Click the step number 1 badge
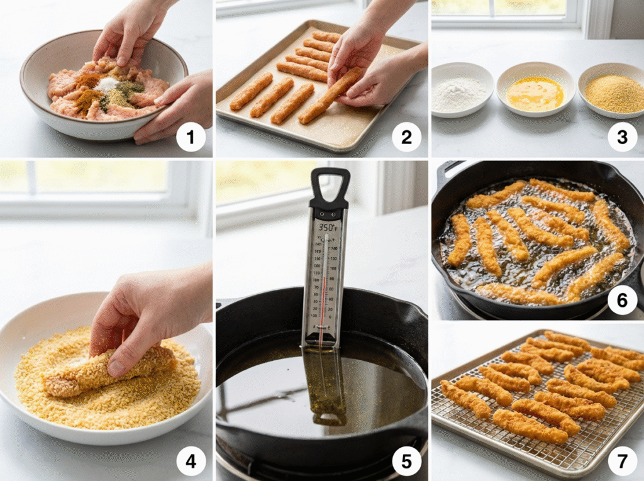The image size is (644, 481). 191,137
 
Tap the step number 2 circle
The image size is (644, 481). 406,137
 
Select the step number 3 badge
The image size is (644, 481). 622,137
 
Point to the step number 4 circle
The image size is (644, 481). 191,462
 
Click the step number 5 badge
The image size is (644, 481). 406,462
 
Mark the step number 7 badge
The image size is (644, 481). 622,462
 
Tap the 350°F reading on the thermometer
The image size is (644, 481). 328,226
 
